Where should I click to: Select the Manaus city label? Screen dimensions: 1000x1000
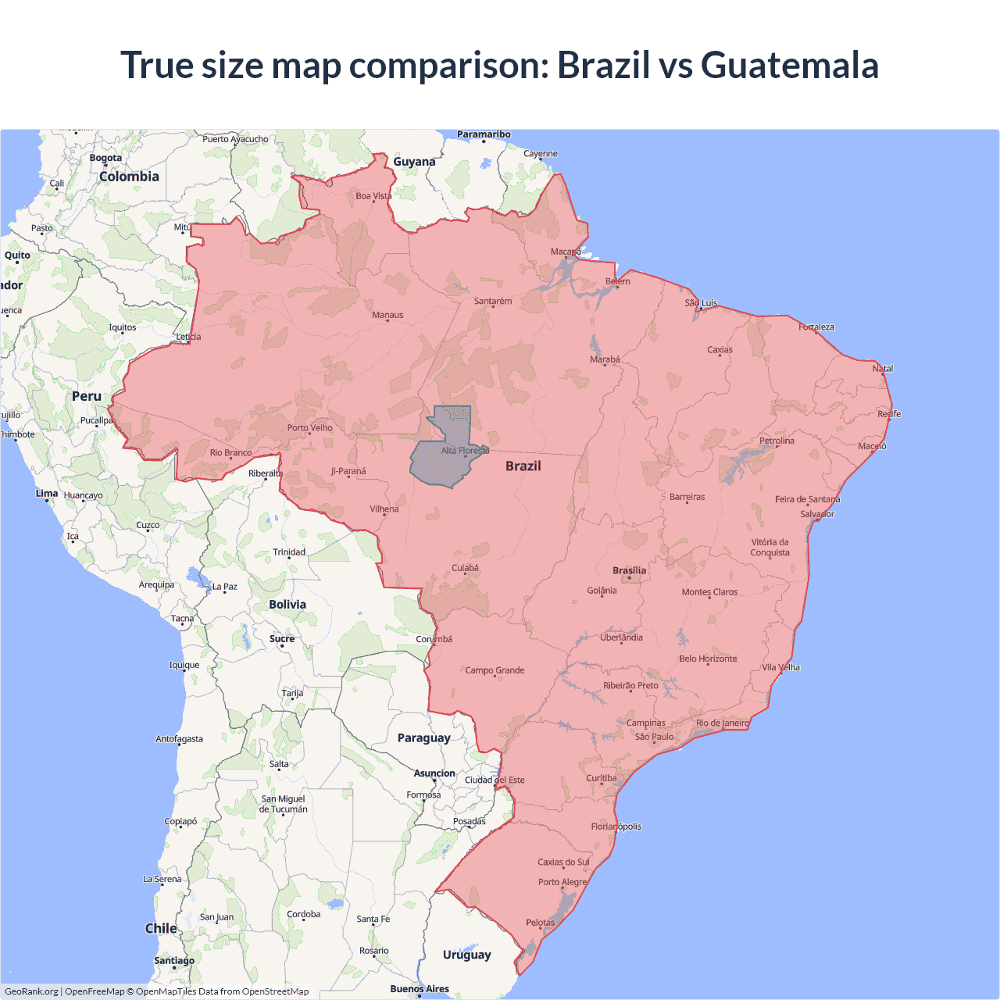(x=387, y=315)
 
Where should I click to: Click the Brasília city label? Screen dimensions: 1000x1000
(x=629, y=570)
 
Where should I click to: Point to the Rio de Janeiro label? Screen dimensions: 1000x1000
(x=722, y=723)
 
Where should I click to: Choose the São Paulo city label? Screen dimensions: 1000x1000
(x=654, y=737)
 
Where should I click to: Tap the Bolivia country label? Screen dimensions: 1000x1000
(x=287, y=604)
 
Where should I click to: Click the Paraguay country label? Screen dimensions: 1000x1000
(x=423, y=737)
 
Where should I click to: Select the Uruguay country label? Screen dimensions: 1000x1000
(x=466, y=955)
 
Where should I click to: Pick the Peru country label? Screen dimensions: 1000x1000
(x=87, y=396)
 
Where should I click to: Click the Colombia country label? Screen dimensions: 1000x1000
(x=129, y=177)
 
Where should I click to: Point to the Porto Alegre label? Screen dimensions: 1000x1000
(x=562, y=882)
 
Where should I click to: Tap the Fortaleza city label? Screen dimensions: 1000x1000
(x=816, y=327)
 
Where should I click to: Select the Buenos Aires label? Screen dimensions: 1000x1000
(x=420, y=988)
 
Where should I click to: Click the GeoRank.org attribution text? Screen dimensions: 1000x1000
(x=31, y=991)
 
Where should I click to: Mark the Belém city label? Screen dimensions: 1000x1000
(x=617, y=281)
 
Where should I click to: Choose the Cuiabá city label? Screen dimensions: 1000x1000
(x=465, y=568)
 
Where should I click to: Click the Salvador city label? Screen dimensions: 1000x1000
(x=817, y=514)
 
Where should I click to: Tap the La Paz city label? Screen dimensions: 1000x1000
(x=224, y=586)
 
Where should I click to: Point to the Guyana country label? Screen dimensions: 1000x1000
(x=414, y=162)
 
